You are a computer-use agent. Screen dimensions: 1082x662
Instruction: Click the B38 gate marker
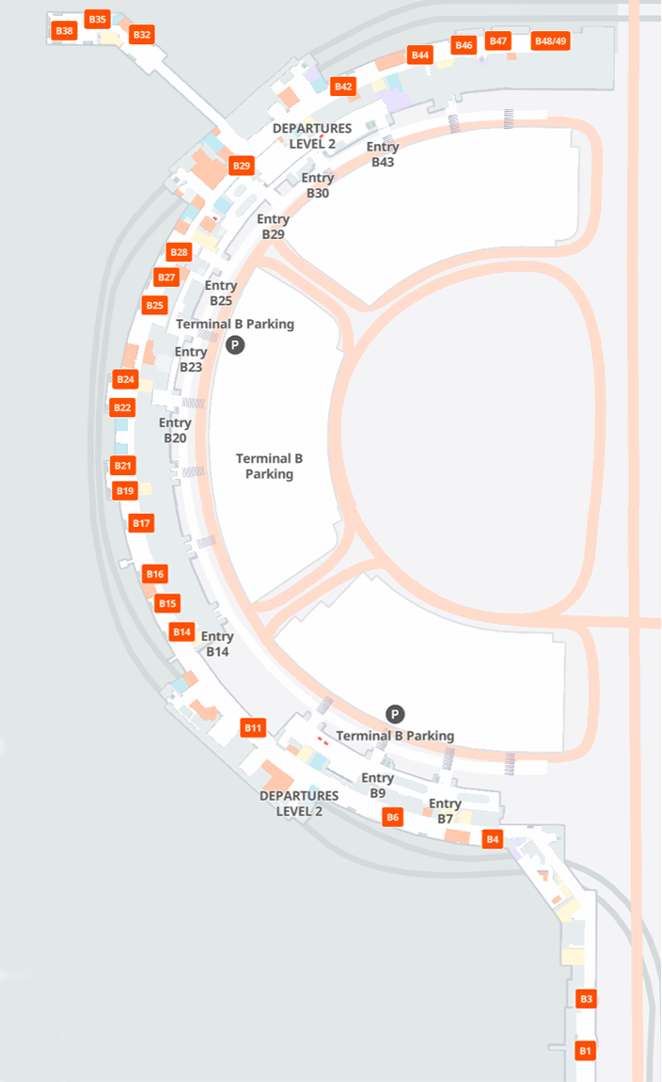(x=64, y=31)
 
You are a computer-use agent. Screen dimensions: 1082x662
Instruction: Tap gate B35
(x=97, y=19)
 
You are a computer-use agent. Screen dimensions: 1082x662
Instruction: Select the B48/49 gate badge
(x=550, y=41)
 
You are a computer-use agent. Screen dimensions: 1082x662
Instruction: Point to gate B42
(x=343, y=87)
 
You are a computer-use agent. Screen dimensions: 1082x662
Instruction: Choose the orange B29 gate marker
(x=242, y=166)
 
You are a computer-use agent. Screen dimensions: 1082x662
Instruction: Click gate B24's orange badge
(x=125, y=379)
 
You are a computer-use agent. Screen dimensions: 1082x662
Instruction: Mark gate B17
(x=141, y=523)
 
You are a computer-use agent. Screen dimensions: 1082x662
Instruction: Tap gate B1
(x=586, y=1050)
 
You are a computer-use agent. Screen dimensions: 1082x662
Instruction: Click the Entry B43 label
(x=383, y=154)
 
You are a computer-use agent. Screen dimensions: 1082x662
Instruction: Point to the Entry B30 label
(x=318, y=185)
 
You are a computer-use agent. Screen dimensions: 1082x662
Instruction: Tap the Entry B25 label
(x=221, y=293)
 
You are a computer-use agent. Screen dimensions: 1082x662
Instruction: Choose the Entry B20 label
(x=175, y=431)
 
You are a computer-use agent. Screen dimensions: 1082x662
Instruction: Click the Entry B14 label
(x=217, y=644)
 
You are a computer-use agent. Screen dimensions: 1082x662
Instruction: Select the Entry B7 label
(x=445, y=811)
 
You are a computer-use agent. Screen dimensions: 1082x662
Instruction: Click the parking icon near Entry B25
(x=235, y=345)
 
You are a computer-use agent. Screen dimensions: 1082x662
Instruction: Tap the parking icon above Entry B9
(x=395, y=714)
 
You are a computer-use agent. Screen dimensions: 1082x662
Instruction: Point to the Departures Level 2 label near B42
(x=312, y=135)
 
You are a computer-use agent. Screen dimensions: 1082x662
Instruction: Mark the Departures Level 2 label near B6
(x=299, y=804)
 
